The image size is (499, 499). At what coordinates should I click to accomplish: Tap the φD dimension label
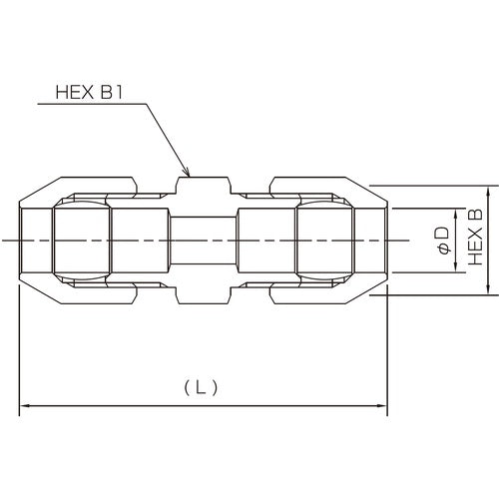point(441,241)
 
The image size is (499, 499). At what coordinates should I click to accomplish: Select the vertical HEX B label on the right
point(475,241)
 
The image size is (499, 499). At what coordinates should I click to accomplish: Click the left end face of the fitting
point(21,241)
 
